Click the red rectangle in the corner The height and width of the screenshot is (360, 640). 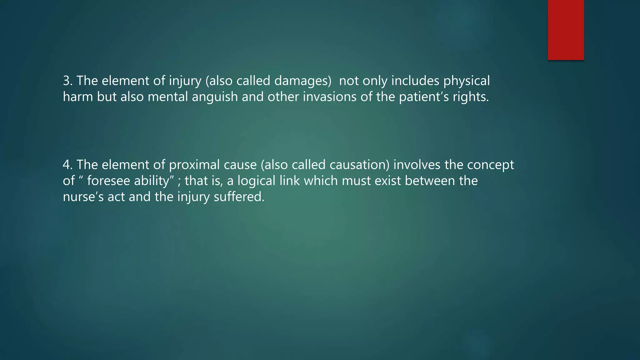click(566, 30)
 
